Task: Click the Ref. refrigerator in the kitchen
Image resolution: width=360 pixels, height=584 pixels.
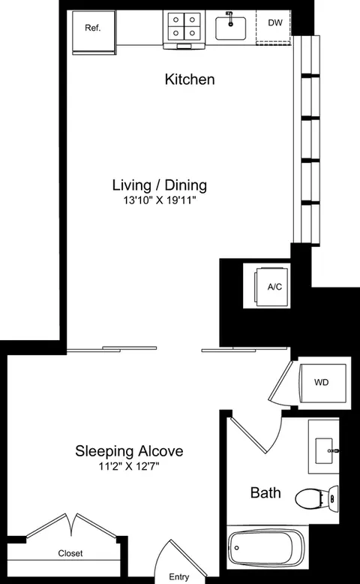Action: (x=94, y=32)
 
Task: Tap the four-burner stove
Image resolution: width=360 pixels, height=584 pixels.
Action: (x=184, y=29)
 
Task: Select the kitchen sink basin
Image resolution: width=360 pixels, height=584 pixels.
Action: (x=230, y=28)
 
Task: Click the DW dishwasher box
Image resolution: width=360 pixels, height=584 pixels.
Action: (x=274, y=27)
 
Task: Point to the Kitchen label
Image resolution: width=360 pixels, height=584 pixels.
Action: (x=190, y=80)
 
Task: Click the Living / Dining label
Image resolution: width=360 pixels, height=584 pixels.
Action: (x=160, y=185)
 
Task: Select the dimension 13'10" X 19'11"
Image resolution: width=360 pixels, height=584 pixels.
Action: (x=160, y=201)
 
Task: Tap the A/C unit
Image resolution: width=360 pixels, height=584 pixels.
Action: (x=272, y=286)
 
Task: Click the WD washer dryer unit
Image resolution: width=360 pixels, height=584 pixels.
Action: (x=322, y=383)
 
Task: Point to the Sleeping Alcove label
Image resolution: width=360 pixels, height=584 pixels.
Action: (x=129, y=451)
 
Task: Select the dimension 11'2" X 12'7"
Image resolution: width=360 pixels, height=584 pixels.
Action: (x=129, y=466)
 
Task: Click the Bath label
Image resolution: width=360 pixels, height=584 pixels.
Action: (x=265, y=492)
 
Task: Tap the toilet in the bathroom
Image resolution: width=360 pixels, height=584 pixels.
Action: (x=316, y=498)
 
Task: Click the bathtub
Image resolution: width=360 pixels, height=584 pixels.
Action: (x=266, y=547)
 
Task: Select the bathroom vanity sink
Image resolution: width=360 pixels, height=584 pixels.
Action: (x=323, y=450)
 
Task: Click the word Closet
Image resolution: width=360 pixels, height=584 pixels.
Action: (x=70, y=553)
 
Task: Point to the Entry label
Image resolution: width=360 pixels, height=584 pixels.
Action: (x=179, y=577)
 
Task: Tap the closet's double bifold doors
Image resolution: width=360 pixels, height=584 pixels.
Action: (x=71, y=525)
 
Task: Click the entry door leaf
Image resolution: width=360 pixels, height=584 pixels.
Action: (x=188, y=558)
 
